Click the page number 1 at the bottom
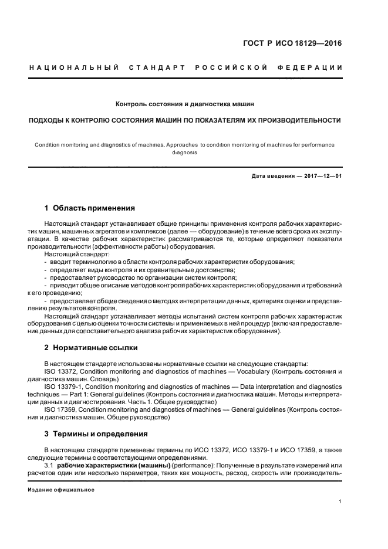(340, 501)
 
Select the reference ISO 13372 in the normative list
(61, 372)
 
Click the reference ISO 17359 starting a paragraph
(61, 410)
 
